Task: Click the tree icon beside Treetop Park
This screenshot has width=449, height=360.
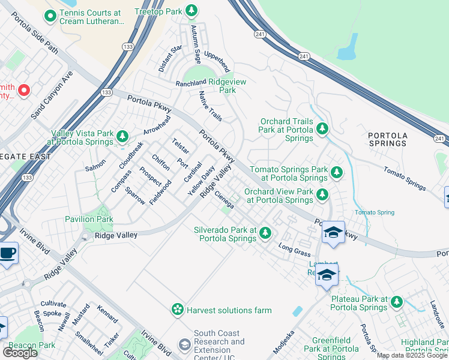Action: click(x=191, y=10)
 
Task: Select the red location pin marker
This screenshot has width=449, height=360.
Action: click(x=23, y=90)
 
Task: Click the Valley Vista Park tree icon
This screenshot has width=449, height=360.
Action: click(x=122, y=137)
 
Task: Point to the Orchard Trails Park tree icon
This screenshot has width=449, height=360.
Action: click(x=322, y=128)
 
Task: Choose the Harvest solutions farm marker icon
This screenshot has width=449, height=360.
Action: click(x=178, y=310)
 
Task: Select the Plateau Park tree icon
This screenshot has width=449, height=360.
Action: click(x=397, y=302)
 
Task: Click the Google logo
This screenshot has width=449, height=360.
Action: click(x=20, y=352)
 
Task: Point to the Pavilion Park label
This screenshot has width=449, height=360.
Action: click(x=89, y=219)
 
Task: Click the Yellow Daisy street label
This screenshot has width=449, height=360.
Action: click(x=201, y=181)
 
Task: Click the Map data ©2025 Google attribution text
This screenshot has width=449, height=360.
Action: click(x=412, y=355)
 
